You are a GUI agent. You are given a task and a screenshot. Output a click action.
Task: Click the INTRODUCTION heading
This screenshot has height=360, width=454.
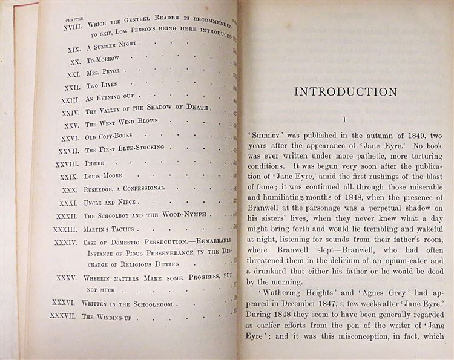point(345,92)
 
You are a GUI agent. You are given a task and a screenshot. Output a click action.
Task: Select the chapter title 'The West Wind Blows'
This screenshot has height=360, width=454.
point(120,123)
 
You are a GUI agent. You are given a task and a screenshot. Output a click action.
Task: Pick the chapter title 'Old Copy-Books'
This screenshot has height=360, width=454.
point(108,136)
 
